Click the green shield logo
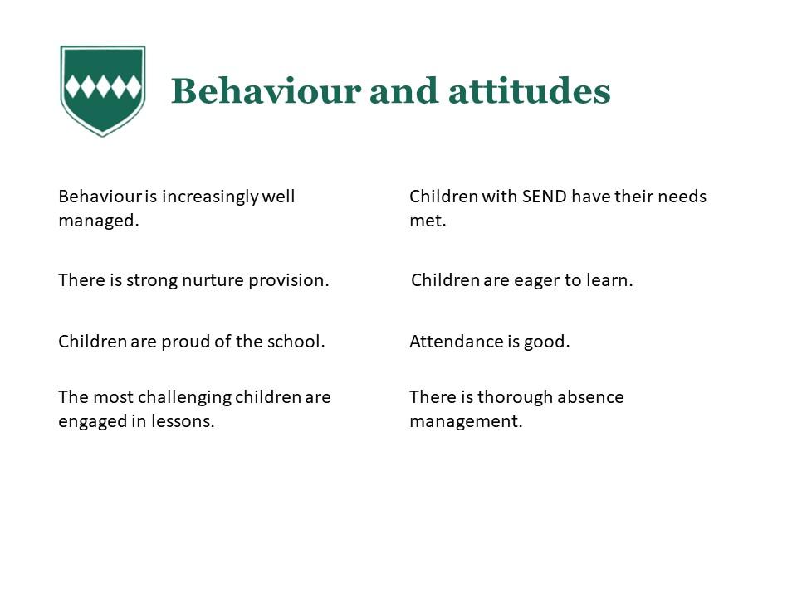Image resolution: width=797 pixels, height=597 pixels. [x=103, y=91]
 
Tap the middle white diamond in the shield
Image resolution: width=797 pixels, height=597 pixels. [x=103, y=86]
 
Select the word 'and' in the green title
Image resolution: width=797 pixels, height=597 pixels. [x=403, y=91]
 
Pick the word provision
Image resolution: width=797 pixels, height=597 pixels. [x=289, y=281]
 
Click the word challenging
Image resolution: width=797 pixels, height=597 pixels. [x=184, y=398]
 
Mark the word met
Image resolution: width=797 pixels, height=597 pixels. [x=428, y=221]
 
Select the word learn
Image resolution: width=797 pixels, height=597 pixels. [x=609, y=280]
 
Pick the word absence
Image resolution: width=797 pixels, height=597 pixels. [x=588, y=397]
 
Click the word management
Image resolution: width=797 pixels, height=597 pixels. [x=466, y=422]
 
